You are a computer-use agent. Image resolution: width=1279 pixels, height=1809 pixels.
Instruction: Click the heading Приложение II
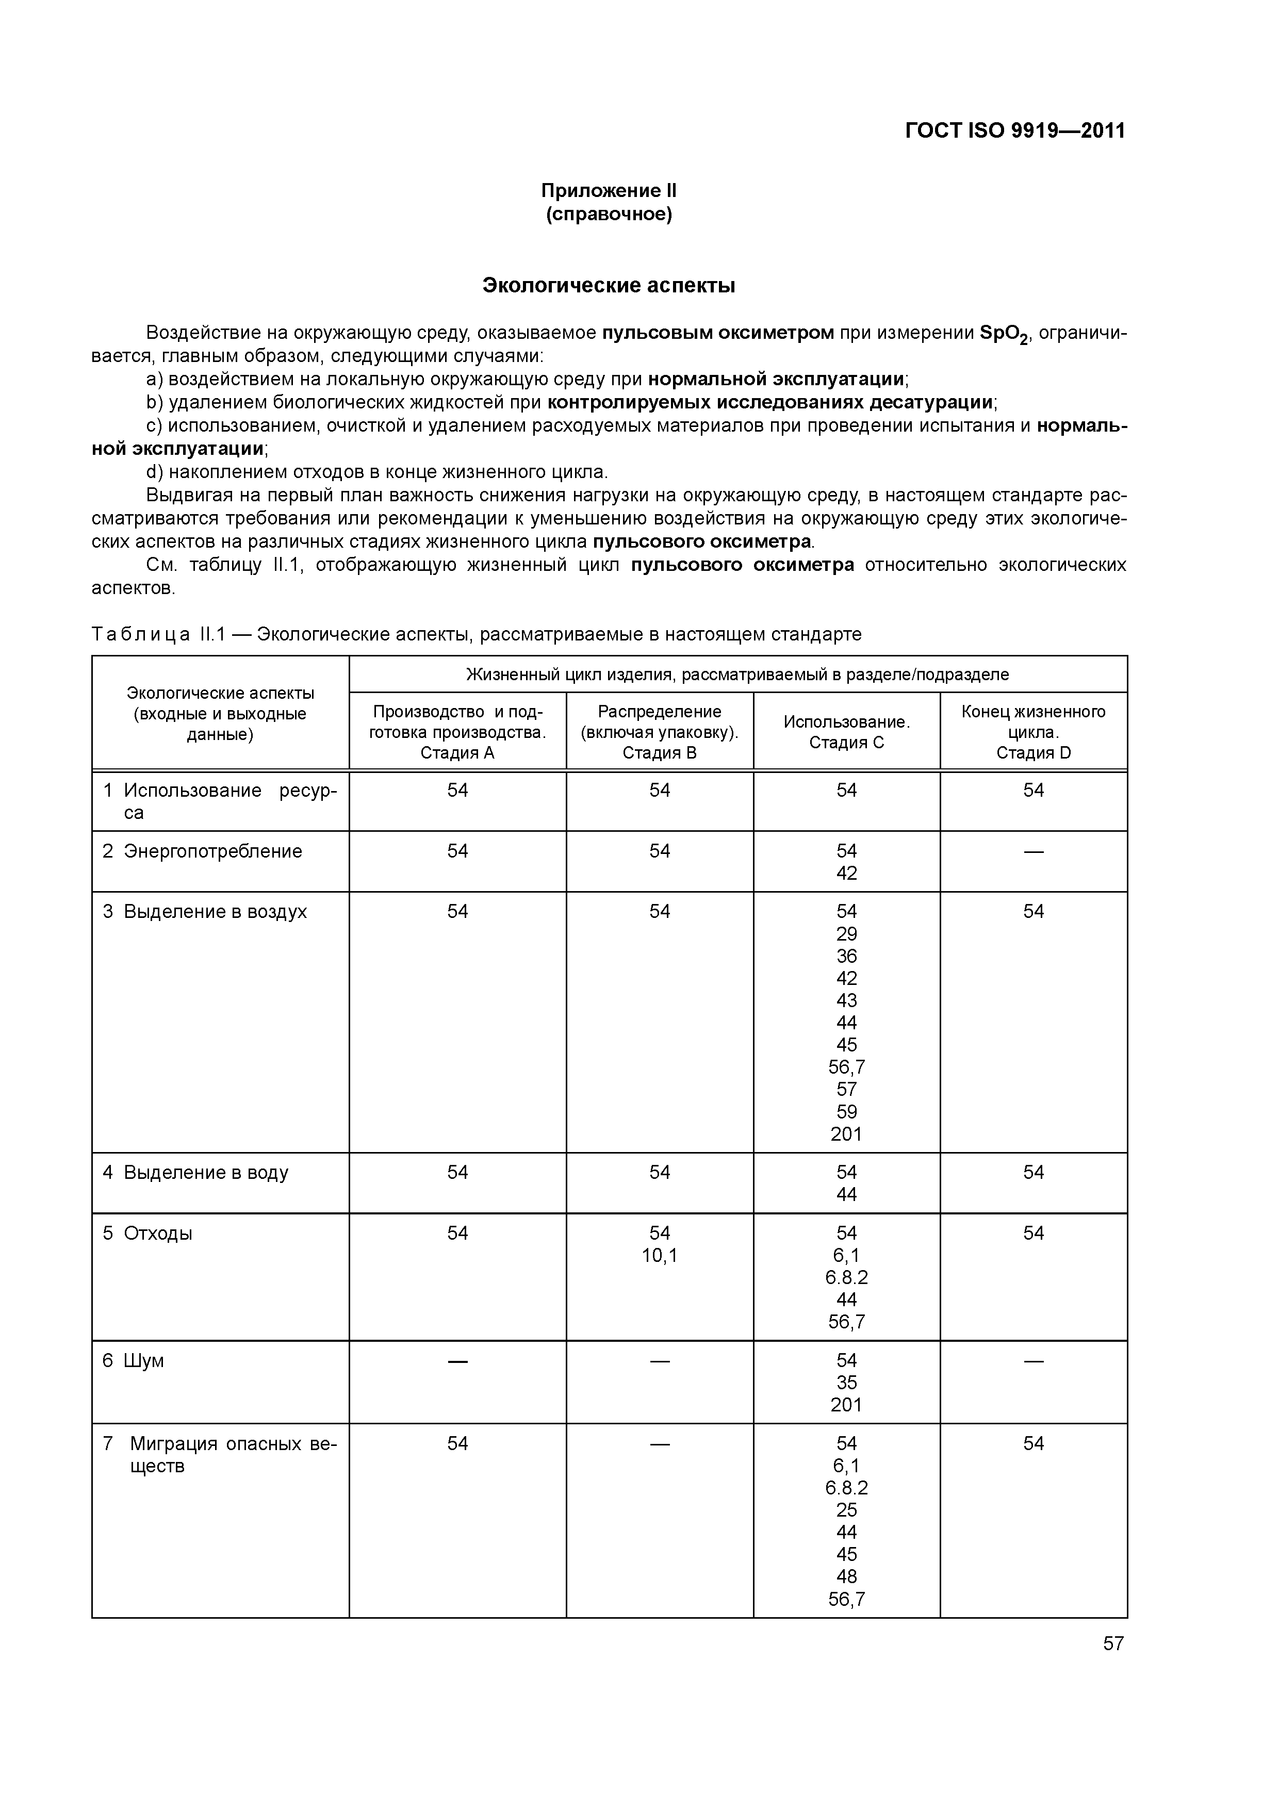click(x=609, y=191)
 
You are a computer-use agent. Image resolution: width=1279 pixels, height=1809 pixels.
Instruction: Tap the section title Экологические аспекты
click(x=609, y=285)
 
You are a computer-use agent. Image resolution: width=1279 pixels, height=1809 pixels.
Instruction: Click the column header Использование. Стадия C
click(x=846, y=732)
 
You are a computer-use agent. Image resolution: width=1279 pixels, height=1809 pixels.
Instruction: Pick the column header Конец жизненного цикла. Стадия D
click(x=1033, y=732)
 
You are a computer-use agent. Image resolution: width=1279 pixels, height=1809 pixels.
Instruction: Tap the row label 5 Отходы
click(x=148, y=1233)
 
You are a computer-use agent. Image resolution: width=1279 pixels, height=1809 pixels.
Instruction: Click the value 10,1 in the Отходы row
click(x=660, y=1255)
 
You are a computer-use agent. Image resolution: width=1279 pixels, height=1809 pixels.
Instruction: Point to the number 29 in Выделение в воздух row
click(x=846, y=934)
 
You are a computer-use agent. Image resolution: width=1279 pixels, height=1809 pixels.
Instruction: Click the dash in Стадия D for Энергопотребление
click(x=1033, y=852)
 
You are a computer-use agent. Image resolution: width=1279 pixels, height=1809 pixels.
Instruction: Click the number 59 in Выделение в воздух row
click(x=846, y=1112)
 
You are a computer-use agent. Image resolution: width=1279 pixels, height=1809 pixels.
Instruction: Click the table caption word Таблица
click(x=140, y=634)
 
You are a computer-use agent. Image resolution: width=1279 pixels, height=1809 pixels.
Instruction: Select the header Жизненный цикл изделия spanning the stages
click(x=737, y=675)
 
